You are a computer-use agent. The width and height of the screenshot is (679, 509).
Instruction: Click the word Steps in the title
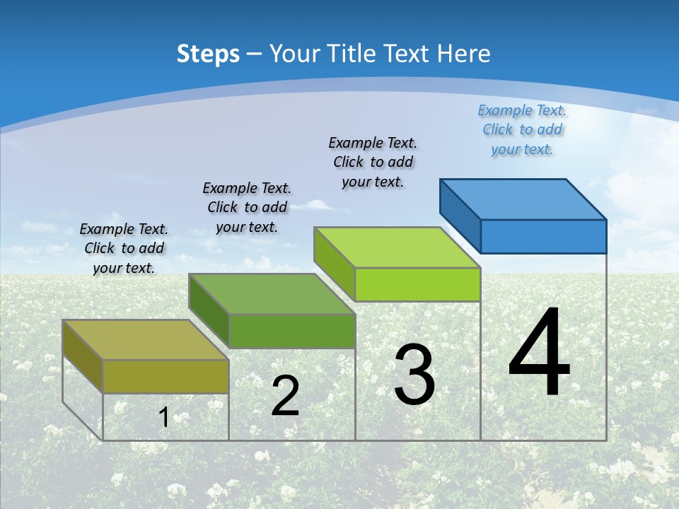208,54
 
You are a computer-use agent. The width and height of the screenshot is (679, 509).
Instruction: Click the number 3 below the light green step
414,375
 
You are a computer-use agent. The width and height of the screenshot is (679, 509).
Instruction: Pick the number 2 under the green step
285,396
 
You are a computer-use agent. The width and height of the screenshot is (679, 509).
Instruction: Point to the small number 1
163,417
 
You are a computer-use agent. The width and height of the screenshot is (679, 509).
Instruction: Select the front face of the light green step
417,285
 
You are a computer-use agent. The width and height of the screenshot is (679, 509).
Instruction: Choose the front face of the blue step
543,236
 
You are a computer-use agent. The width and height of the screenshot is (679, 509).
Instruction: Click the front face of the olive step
166,376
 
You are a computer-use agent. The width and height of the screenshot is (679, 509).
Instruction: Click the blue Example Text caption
522,129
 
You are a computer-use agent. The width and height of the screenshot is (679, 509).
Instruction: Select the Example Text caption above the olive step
124,248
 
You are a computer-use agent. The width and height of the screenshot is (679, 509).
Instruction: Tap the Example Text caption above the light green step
373,162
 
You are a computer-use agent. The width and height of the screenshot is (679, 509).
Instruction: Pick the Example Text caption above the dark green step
247,207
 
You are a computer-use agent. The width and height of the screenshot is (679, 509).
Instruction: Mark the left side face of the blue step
460,212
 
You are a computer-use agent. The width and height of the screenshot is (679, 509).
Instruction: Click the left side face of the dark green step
209,310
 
